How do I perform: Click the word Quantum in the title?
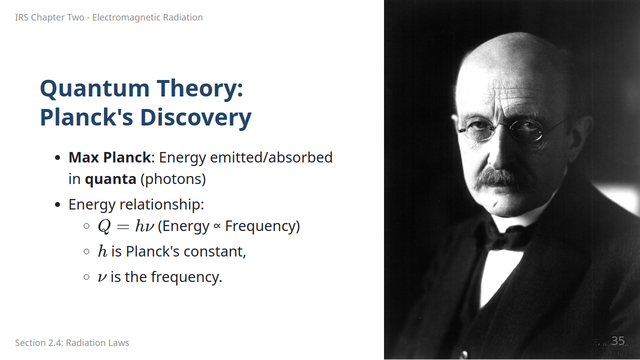point(95,89)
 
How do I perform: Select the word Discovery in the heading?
point(195,117)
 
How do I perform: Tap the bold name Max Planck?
point(109,157)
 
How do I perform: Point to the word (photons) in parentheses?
point(173,179)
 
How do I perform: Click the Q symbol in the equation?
point(104,226)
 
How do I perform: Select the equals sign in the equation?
point(123,227)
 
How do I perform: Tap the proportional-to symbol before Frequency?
point(217,226)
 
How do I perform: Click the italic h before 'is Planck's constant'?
point(102,251)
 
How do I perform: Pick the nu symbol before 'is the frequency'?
point(102,277)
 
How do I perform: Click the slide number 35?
point(618,341)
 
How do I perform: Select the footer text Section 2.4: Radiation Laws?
point(72,343)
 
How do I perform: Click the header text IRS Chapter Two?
point(49,17)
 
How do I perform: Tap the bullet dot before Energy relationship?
point(57,204)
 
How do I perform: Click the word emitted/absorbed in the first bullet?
point(271,157)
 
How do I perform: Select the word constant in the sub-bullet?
point(214,251)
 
